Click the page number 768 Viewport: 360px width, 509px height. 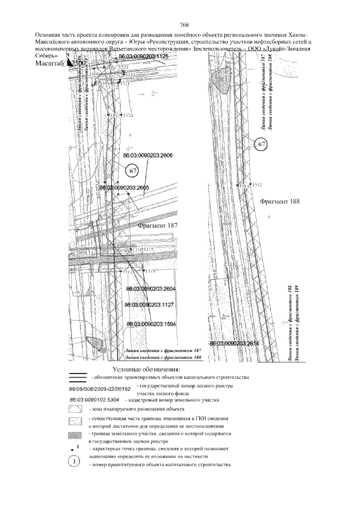(x=183, y=25)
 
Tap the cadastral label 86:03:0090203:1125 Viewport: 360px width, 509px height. (x=140, y=57)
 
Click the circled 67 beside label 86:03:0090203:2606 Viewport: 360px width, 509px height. (x=132, y=170)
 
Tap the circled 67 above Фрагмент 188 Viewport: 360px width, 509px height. (x=262, y=145)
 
